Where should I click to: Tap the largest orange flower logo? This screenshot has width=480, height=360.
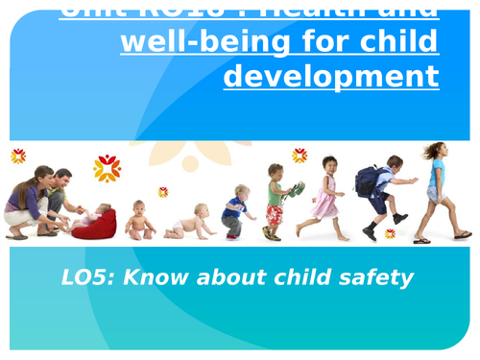click(x=107, y=168)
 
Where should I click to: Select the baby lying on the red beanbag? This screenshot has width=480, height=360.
click(x=96, y=218)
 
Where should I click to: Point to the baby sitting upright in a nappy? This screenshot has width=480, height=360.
click(x=139, y=220)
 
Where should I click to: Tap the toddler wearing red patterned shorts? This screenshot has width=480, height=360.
click(x=276, y=204)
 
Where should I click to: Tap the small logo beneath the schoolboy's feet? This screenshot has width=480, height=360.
click(x=390, y=233)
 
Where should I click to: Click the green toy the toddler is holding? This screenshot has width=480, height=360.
click(x=299, y=189)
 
